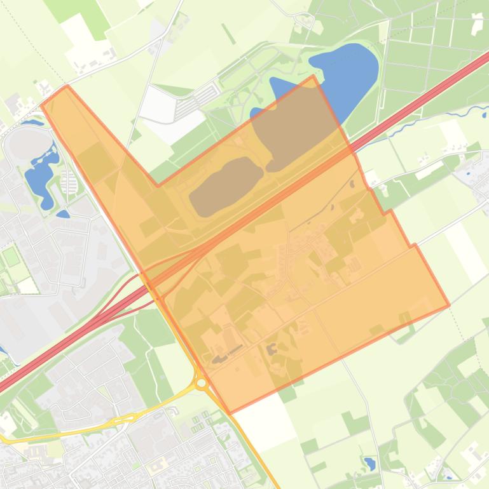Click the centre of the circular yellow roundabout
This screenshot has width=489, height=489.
(202, 383)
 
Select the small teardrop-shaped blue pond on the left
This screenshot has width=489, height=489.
(63, 214)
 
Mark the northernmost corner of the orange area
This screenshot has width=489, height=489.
(313, 76)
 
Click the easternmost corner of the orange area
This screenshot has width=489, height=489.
(449, 305)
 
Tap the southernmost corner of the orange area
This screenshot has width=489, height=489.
(230, 413)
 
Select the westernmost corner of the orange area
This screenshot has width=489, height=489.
(42, 105)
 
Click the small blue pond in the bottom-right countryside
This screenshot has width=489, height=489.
(369, 463)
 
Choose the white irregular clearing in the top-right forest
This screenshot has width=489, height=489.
(476, 23)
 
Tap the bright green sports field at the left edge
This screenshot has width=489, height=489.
(11, 258)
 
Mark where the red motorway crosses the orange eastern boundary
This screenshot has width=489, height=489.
(354, 152)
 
